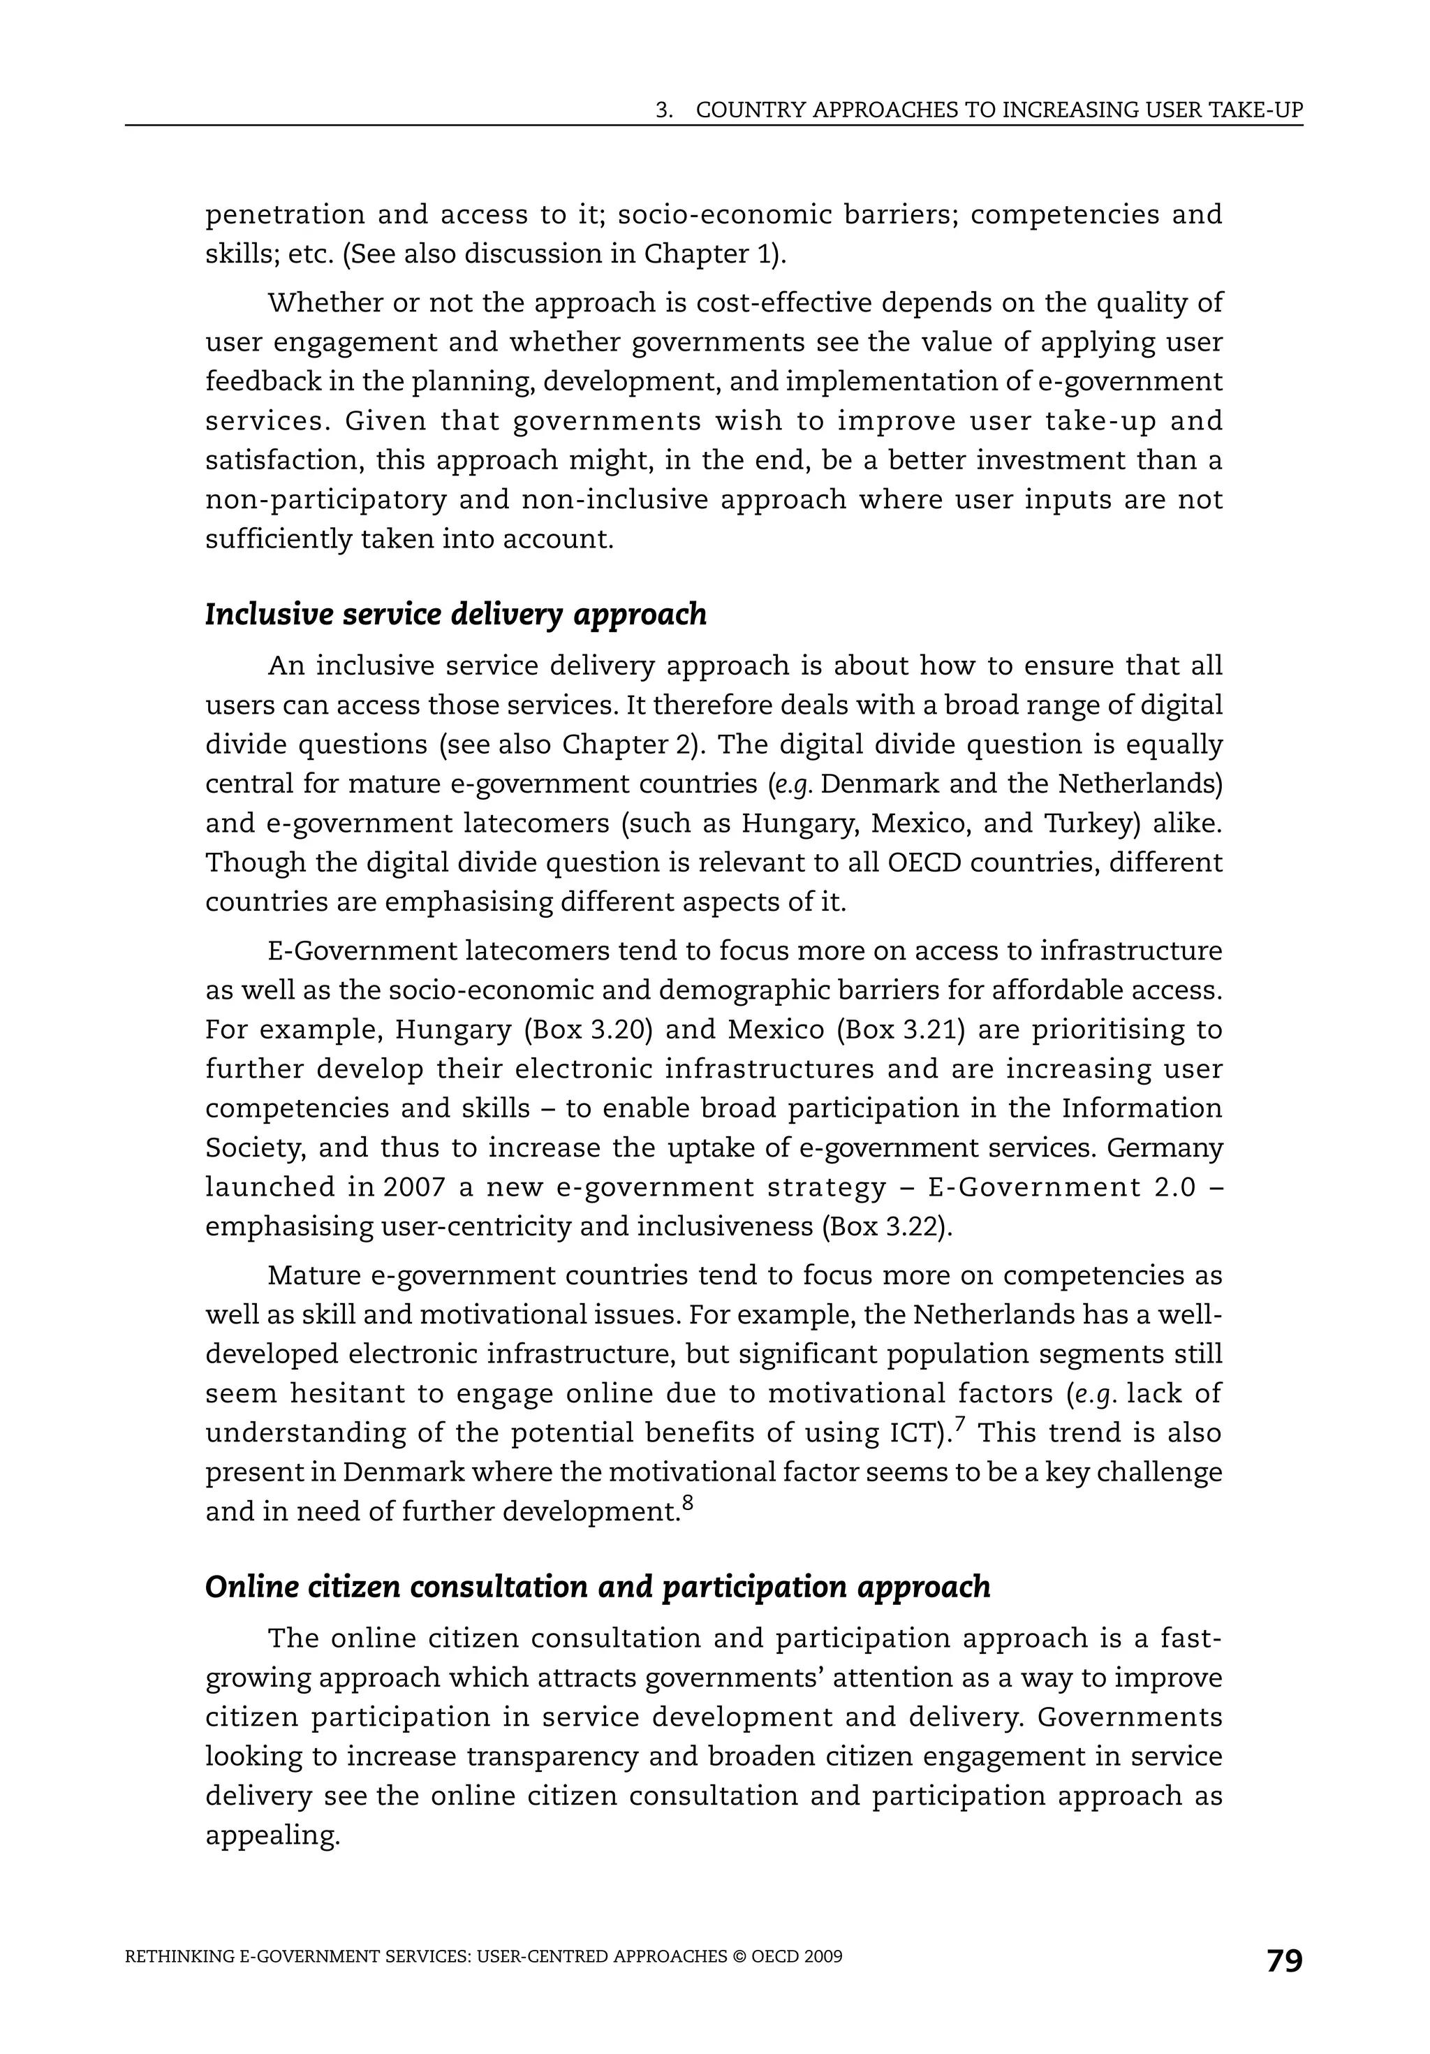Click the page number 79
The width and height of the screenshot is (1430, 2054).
coord(1284,1961)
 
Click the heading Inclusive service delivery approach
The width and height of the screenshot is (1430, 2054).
coord(455,615)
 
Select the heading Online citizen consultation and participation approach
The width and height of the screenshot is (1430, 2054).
coord(598,1587)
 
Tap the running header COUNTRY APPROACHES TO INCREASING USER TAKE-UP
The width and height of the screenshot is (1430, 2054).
coord(998,110)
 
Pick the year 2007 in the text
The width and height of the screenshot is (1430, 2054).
coord(414,1187)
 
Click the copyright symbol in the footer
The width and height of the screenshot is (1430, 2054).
coord(739,1956)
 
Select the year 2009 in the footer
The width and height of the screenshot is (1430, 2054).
coord(823,1956)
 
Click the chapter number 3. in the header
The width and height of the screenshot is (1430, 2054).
coord(663,110)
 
